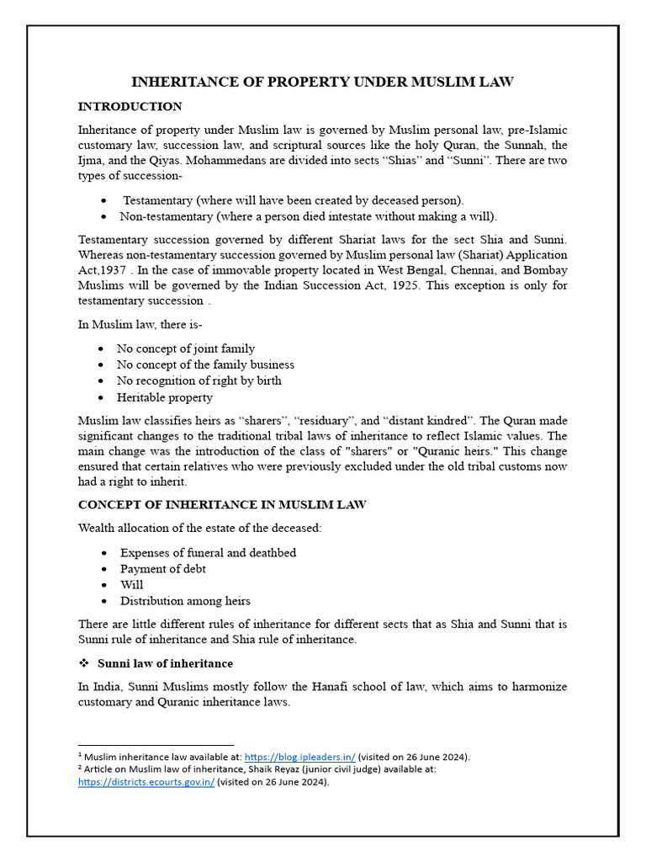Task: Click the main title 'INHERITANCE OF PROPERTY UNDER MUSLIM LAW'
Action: coord(322,82)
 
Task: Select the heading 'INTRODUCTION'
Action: coord(130,107)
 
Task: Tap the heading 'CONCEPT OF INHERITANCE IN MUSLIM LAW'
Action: coord(222,504)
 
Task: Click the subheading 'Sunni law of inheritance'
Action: coord(165,664)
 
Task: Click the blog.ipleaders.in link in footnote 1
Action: coord(299,757)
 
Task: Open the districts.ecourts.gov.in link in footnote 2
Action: coord(146,781)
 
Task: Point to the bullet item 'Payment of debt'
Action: coord(162,569)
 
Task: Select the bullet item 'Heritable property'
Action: coord(166,397)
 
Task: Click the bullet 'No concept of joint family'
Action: coord(185,349)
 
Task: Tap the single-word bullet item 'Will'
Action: coord(131,585)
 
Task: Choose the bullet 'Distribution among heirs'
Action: coord(185,601)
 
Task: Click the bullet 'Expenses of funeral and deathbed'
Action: coord(208,553)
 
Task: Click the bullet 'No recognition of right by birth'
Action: coord(199,380)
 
